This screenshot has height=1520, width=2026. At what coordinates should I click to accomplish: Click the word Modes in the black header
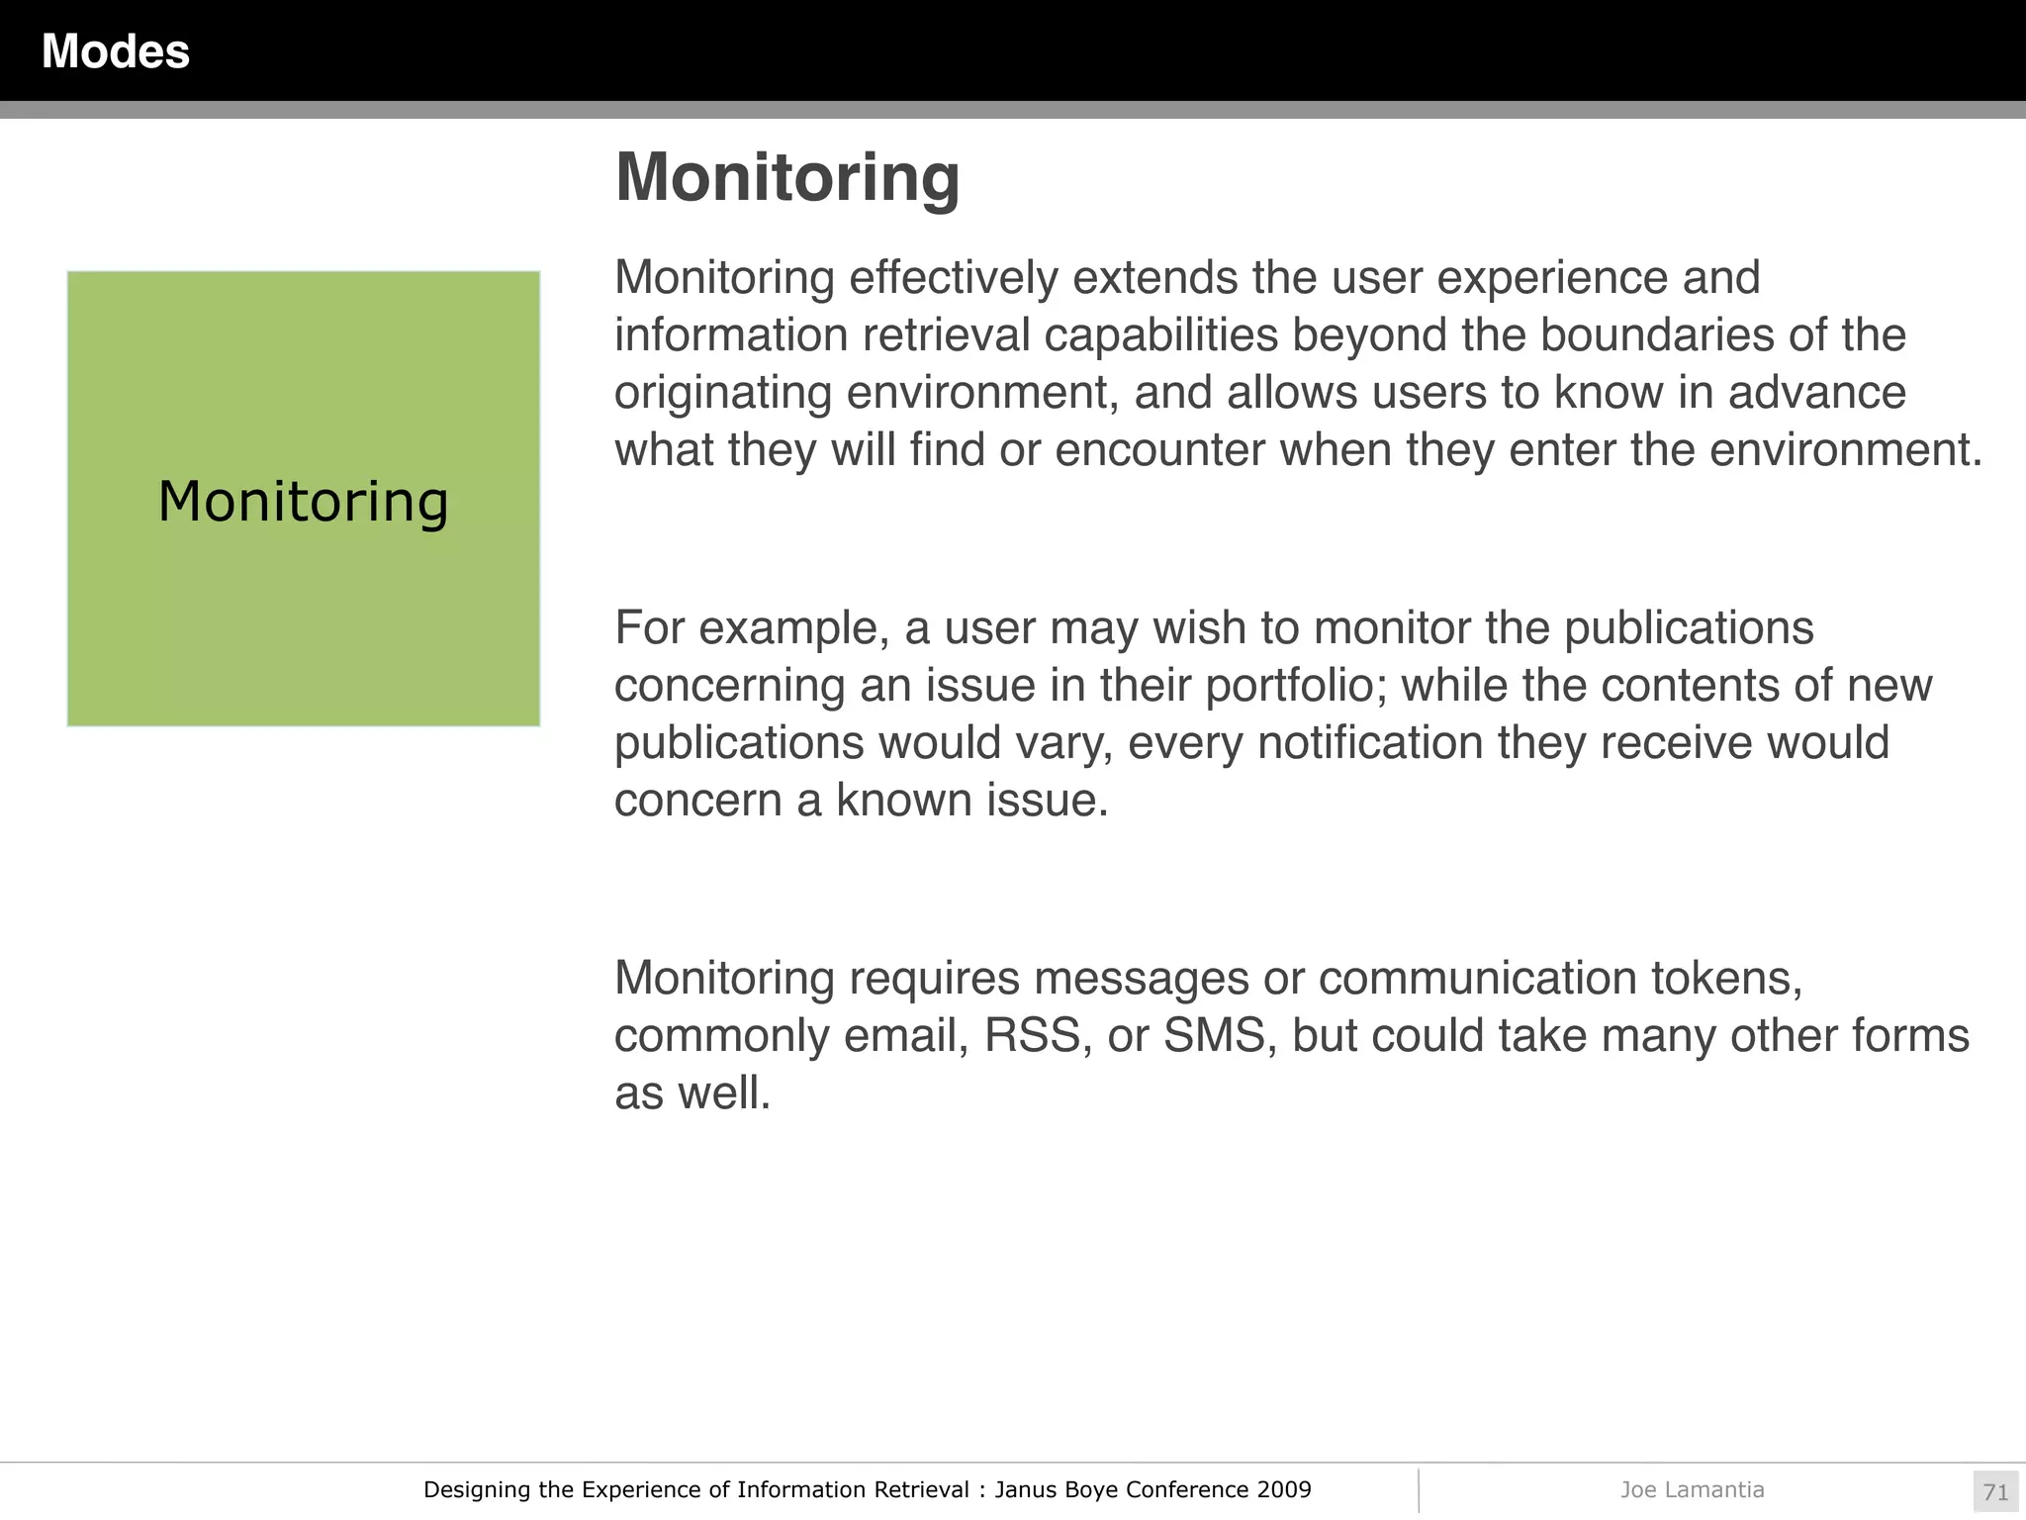pos(116,51)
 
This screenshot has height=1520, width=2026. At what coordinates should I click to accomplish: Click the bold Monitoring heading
pos(787,177)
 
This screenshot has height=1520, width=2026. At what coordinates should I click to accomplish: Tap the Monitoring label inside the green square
pos(303,501)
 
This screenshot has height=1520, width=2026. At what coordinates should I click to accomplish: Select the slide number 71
pos(1995,1492)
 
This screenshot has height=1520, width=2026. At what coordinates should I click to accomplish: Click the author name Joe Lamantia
pos(1692,1489)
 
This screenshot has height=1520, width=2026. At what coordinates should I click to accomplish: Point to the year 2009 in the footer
pos(1283,1489)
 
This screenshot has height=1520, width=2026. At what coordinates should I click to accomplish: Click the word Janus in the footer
pos(1025,1489)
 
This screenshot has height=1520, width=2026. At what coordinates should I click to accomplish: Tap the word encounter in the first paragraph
pos(1159,450)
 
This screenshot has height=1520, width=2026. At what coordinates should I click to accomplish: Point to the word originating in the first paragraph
pos(722,393)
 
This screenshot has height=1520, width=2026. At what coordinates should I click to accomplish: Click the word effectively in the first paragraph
pos(954,278)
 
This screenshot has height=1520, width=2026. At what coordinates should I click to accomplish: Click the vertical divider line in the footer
pos(1419,1490)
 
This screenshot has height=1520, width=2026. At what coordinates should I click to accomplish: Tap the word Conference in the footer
pos(1187,1489)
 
